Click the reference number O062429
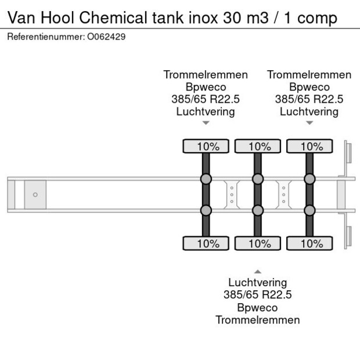click(x=106, y=37)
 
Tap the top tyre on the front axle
click(x=206, y=146)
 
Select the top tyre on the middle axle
click(x=257, y=146)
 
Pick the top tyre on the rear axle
click(x=309, y=146)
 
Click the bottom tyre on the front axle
click(x=206, y=243)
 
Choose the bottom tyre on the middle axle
click(x=257, y=243)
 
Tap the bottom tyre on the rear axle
click(x=309, y=243)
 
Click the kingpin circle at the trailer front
click(x=35, y=195)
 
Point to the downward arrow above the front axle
click(x=206, y=123)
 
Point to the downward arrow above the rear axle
click(x=309, y=123)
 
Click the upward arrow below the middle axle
click(x=257, y=271)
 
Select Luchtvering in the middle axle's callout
click(x=257, y=283)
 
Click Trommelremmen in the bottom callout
click(x=257, y=320)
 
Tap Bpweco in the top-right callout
click(x=309, y=87)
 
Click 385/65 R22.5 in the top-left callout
click(x=206, y=99)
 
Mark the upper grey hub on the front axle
click(x=206, y=179)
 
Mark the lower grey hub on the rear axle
click(x=309, y=210)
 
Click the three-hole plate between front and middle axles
click(x=232, y=195)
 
